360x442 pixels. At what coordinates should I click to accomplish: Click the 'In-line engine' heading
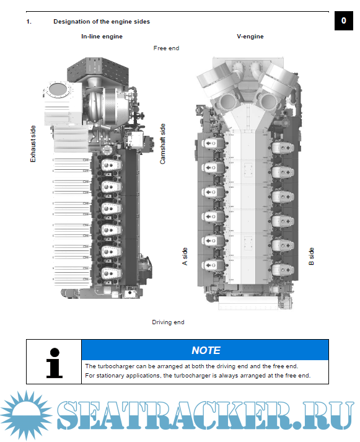coord(102,37)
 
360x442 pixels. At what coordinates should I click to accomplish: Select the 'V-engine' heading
coord(250,37)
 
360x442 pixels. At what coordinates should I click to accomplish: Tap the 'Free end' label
coord(166,48)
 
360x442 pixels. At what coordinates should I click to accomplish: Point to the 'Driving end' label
coord(168,322)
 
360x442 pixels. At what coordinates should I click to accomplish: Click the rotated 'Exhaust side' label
coord(33,144)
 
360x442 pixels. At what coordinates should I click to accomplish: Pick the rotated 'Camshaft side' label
coord(162,144)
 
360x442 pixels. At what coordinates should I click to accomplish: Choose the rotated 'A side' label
coord(185,256)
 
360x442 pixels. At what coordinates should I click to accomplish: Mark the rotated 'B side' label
coord(311,256)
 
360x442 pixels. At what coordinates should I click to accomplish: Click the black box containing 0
coord(344,20)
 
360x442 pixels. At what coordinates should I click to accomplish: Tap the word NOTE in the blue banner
coord(206,350)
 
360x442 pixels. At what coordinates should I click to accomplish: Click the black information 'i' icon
coord(54,363)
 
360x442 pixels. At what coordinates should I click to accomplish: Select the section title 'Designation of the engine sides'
coord(102,22)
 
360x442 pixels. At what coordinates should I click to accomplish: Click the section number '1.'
coord(29,22)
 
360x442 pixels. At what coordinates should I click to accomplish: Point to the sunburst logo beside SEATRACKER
coord(26,415)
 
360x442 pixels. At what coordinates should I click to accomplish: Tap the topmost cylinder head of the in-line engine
coord(112,165)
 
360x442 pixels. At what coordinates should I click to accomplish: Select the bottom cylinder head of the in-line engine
coord(112,273)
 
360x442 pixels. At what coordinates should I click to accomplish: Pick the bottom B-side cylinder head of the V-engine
coord(283,270)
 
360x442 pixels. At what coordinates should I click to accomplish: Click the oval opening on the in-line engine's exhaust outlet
coord(58,90)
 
